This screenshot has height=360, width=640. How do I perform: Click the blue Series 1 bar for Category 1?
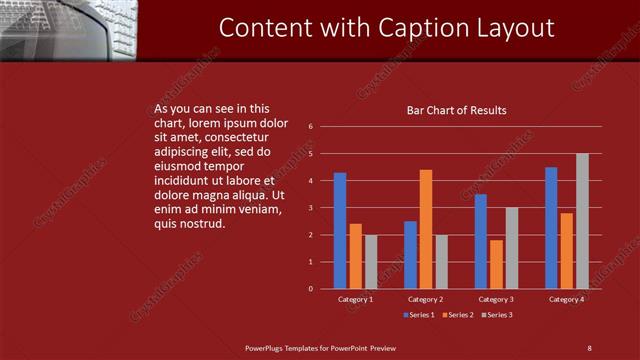click(x=340, y=231)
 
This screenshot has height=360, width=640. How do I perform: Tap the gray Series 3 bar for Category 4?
click(x=582, y=221)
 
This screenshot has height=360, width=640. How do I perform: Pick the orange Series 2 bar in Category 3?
click(x=496, y=264)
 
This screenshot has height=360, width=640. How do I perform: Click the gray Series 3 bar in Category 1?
click(x=371, y=262)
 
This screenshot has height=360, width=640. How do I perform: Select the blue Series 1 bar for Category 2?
click(x=410, y=255)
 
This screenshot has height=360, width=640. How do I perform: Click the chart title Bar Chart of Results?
click(x=456, y=110)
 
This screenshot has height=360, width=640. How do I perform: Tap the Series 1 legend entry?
click(x=419, y=315)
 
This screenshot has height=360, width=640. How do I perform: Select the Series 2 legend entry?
click(x=456, y=315)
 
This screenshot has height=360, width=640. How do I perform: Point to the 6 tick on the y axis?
click(x=311, y=127)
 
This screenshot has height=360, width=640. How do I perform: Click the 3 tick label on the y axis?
click(x=311, y=208)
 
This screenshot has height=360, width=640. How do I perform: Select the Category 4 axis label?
click(x=566, y=299)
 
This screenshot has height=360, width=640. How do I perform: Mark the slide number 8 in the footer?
click(x=589, y=348)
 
